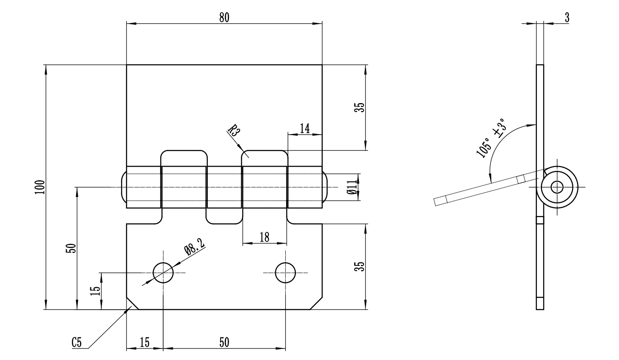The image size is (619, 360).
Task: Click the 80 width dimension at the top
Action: [x=224, y=17]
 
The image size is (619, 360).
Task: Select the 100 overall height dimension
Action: [x=40, y=187]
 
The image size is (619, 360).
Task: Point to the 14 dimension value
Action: [x=305, y=129]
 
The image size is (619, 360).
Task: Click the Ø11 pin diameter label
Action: [x=352, y=187]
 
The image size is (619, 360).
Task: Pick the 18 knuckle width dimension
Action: [x=264, y=238]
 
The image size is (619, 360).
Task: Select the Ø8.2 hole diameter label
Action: [x=194, y=247]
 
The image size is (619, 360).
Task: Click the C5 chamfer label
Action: [x=77, y=342]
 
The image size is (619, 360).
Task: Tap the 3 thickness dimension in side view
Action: [x=567, y=17]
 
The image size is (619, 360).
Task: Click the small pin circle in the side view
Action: [x=556, y=187]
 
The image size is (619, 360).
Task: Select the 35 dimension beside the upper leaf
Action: [x=360, y=107]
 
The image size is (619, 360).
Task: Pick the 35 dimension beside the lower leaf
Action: [x=360, y=267]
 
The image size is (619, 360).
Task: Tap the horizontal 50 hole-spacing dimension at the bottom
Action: [x=224, y=343]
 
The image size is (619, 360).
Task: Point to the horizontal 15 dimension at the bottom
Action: [x=145, y=343]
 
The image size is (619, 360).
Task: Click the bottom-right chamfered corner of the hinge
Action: [x=316, y=303]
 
